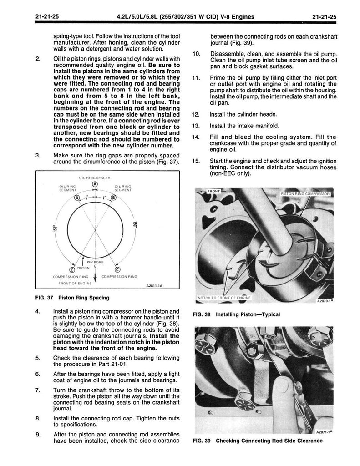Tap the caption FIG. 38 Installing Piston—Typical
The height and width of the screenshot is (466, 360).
point(236,314)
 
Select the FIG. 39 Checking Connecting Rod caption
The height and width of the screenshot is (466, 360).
point(257,441)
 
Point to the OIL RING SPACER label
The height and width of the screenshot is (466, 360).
point(95,177)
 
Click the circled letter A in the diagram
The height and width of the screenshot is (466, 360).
point(95,184)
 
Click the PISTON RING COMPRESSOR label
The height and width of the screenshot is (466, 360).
point(307,193)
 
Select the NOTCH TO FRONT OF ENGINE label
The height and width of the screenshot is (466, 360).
point(223,298)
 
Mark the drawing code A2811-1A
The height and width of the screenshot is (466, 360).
point(155,287)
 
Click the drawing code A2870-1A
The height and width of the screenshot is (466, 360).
point(323,301)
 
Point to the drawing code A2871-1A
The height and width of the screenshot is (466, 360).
point(323,431)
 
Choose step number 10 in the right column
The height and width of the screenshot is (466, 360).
point(197,54)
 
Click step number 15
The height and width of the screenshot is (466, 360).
point(197,161)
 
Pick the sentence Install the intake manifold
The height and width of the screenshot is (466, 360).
point(244,126)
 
